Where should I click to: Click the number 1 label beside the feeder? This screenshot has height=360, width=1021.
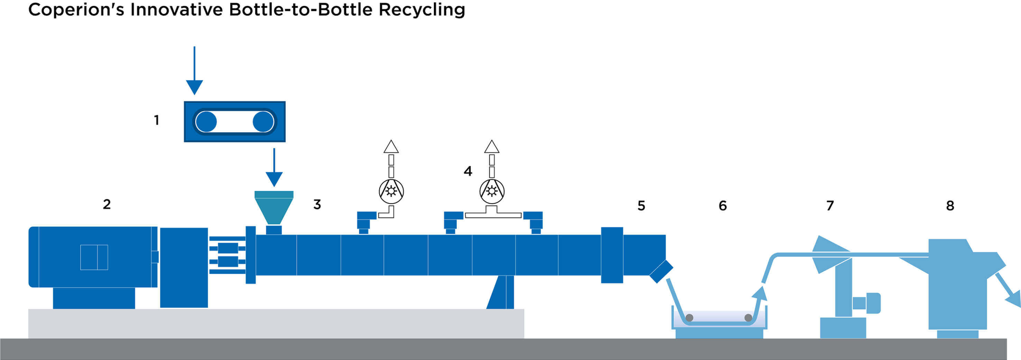click(x=156, y=121)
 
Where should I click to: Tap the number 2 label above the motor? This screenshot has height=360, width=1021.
click(x=107, y=204)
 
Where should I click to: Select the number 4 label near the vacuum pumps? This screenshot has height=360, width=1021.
click(x=468, y=171)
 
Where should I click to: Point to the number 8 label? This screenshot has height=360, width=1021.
click(x=950, y=206)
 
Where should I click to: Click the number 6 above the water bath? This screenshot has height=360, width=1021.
click(x=723, y=206)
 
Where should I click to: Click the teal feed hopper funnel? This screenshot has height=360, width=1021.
click(x=274, y=207)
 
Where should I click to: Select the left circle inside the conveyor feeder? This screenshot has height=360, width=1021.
click(x=206, y=122)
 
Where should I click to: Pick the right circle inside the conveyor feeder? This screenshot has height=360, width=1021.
click(x=263, y=122)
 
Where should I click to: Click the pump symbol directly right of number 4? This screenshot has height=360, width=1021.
click(x=492, y=191)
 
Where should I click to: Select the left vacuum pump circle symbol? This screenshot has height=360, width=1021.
click(x=391, y=191)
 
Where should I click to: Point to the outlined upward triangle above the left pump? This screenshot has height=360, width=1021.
click(x=391, y=147)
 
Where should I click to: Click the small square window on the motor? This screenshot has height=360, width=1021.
click(x=94, y=257)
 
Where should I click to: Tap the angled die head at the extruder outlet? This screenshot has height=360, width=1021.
click(x=661, y=271)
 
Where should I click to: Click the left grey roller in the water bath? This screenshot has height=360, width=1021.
click(x=689, y=318)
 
